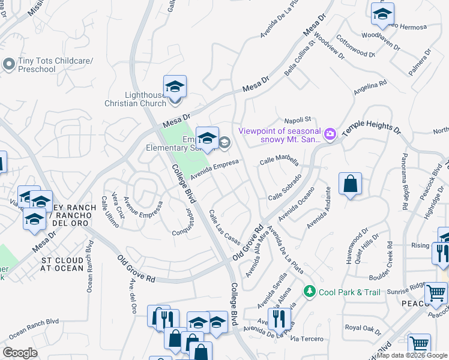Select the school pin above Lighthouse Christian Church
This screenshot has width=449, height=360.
pyautogui.click(x=175, y=86)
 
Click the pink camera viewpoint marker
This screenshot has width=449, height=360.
pyautogui.click(x=330, y=132)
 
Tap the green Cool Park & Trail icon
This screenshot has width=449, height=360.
pyautogui.click(x=309, y=292)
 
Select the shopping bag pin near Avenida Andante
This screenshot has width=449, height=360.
pyautogui.click(x=350, y=184)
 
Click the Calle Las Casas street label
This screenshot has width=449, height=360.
pyautogui.click(x=224, y=227)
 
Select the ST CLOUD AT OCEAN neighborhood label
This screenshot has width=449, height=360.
pyautogui.click(x=62, y=264)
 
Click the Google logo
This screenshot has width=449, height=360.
pyautogui.click(x=20, y=352)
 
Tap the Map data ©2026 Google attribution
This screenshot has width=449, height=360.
pyautogui.click(x=412, y=355)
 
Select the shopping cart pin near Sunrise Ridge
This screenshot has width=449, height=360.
pyautogui.click(x=436, y=295)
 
